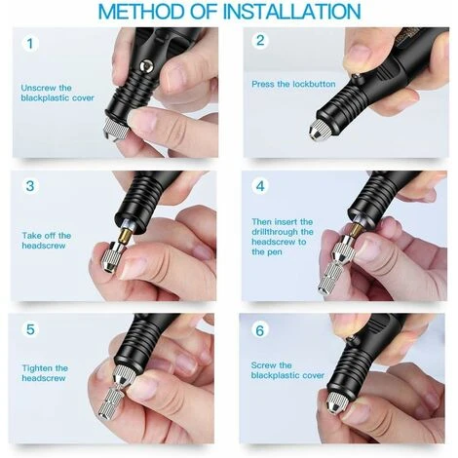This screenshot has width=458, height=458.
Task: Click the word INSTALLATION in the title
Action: [x=292, y=12]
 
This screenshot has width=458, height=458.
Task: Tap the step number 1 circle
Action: [x=30, y=43]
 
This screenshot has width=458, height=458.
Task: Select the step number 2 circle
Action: [x=260, y=41]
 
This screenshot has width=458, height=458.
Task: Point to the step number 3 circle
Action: [x=30, y=186]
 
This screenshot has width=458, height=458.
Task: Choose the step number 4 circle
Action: [x=260, y=186]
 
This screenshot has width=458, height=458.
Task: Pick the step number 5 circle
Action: [x=30, y=329]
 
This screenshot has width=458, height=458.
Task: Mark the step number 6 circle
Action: [x=260, y=330]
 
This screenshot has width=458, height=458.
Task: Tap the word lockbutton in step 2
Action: [x=314, y=84]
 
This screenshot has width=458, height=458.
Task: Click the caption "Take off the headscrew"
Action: [x=47, y=241]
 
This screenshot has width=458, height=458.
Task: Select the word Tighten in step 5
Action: [x=37, y=368]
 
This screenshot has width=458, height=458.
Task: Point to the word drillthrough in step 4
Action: [x=275, y=232]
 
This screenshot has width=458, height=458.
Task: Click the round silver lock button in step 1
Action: [x=145, y=65]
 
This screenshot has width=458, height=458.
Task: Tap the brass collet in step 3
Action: [x=125, y=234]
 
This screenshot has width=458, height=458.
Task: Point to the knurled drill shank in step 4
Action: [x=329, y=277]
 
